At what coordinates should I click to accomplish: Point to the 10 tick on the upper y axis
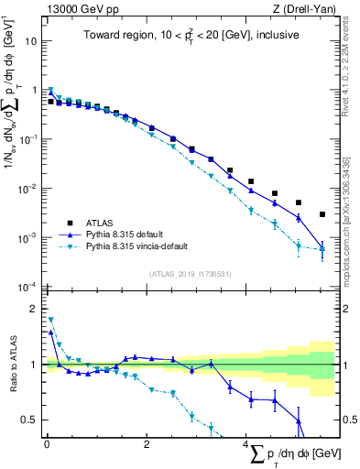31,41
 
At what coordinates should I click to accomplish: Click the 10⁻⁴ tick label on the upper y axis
28,287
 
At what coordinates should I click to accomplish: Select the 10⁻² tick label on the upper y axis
28,189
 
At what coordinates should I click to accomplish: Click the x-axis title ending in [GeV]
285,455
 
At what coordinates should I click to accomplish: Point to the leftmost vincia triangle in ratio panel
50,320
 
